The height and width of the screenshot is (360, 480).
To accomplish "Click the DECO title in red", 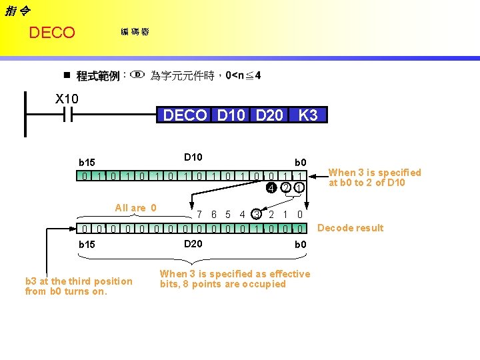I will (52, 33).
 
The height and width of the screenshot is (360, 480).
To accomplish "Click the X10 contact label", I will (66, 99).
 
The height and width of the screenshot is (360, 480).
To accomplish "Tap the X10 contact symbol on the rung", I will (67, 115).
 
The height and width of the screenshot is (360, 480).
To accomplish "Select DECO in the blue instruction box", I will (185, 115).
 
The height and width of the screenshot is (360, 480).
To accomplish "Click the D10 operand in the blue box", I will (231, 115).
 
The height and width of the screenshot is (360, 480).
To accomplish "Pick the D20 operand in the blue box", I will (269, 115).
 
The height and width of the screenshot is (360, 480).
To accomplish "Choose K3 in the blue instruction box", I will (308, 115).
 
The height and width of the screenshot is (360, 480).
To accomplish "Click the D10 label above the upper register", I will (193, 157).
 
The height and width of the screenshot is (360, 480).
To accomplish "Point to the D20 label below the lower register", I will (193, 244).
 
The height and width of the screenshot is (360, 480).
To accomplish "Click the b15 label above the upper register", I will (87, 162).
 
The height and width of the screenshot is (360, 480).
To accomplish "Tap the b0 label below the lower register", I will (300, 245).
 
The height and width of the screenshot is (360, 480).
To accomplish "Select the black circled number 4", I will (271, 187).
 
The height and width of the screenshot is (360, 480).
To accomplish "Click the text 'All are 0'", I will (135, 208).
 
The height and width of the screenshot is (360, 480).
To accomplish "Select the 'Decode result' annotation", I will (350, 228).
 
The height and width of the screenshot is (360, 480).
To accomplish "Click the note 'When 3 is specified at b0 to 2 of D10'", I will (375, 177).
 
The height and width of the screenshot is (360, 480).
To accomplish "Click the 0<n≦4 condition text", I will (243, 75).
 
